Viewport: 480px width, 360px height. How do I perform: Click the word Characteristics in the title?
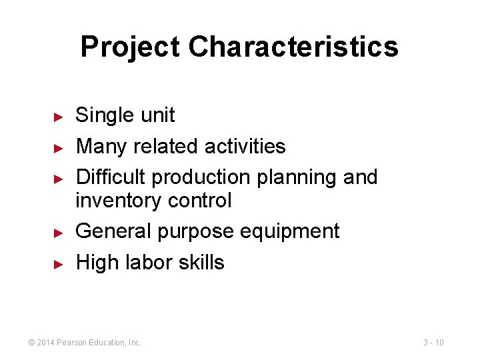coord(293,47)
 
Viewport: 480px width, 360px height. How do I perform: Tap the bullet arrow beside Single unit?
coord(58,117)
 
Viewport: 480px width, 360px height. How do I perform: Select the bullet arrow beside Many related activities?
coord(58,147)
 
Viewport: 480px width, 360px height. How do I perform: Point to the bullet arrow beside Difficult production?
coord(58,179)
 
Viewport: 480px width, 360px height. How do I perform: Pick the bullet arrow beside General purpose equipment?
coord(58,233)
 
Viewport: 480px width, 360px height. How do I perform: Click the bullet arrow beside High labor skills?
coord(58,263)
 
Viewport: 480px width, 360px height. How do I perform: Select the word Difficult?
coord(111,177)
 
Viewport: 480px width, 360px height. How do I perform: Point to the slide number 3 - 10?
coord(433,343)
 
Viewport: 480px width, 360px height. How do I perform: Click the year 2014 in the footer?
coord(46,343)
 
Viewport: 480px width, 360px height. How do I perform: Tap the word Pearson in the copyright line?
coord(71,343)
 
